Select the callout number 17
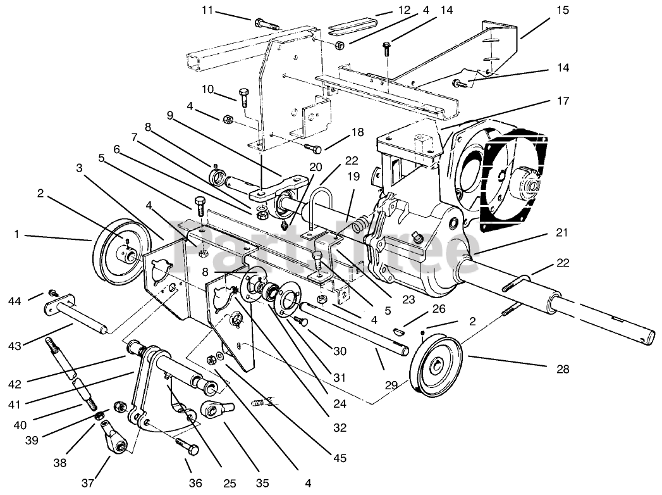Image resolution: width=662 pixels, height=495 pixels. point(563,101)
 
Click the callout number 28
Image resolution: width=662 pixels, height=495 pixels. point(563,368)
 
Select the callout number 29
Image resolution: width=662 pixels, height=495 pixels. point(391,384)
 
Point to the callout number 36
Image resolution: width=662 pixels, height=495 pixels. point(195,484)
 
